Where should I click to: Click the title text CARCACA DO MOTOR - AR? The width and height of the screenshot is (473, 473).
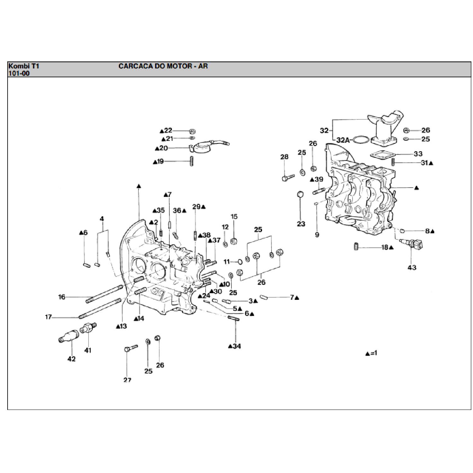click(x=163, y=66)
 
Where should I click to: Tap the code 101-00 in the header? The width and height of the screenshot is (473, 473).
click(x=19, y=73)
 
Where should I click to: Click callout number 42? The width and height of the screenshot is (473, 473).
click(x=72, y=359)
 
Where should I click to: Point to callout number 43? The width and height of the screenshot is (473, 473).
click(x=412, y=267)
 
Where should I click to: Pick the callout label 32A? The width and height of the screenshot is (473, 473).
click(x=343, y=140)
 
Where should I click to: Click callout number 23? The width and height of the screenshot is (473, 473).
click(x=301, y=224)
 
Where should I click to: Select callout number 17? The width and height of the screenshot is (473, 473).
click(x=48, y=317)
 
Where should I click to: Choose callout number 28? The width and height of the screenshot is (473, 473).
click(x=284, y=157)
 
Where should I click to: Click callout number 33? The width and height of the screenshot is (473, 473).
click(x=418, y=154)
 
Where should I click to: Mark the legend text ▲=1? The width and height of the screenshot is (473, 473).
click(x=371, y=353)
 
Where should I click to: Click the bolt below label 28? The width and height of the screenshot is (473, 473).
click(x=288, y=178)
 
